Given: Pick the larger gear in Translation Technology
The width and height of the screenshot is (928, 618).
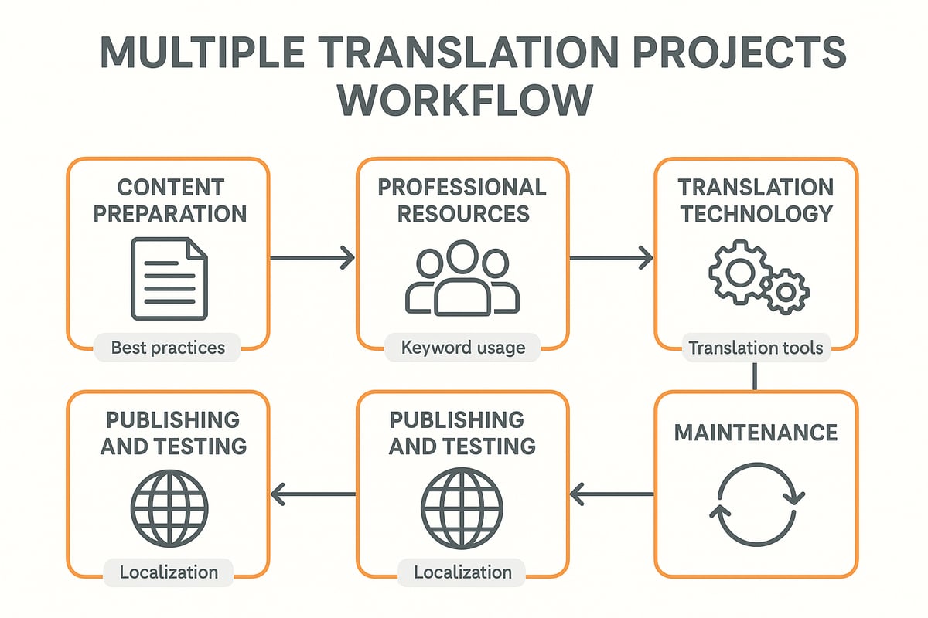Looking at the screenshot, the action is click(739, 272).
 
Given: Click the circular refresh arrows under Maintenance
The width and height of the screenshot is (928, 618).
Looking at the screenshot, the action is click(756, 504).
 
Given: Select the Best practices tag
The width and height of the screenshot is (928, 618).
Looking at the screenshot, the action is click(168, 348).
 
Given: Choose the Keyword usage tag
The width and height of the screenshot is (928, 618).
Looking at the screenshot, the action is click(462, 348).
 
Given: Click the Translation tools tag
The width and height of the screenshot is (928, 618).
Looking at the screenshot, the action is click(756, 348).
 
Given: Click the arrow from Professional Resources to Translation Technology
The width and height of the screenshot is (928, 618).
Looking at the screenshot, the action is click(611, 258).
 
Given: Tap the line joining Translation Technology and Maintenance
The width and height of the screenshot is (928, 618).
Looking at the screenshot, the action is click(755, 377).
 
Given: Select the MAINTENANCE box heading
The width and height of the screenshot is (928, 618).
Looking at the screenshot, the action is click(756, 432).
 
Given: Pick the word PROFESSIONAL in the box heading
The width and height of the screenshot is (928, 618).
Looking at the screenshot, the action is click(463, 187).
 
